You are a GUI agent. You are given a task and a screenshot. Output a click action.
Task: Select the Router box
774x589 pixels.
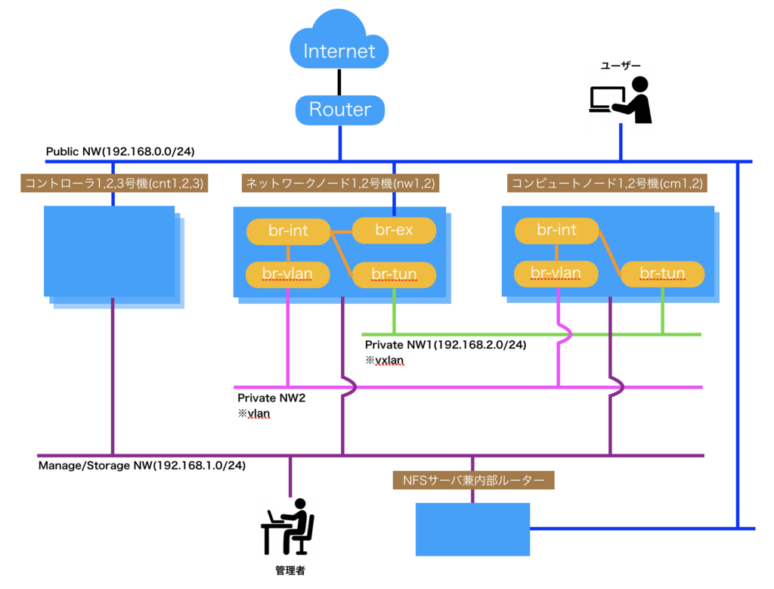coord(339,110)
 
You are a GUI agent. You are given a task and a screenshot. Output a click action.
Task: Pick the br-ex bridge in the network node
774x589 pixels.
coord(394,230)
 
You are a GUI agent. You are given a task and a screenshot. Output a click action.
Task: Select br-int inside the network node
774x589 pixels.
coord(288,230)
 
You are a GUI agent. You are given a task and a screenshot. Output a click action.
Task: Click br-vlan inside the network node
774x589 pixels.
coord(288,274)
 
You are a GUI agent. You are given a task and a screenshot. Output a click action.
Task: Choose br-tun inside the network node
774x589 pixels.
coord(394,274)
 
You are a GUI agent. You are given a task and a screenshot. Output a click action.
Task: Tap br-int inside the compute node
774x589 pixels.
coord(556,230)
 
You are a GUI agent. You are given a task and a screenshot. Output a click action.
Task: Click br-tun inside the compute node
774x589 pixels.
coord(662,274)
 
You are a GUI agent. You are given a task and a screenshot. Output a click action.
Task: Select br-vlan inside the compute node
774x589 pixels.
coord(556,274)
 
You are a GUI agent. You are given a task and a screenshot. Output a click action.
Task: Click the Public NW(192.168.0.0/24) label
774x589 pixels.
coord(120,151)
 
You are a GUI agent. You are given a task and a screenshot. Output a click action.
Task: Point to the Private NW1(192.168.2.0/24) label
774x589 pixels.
coord(445,345)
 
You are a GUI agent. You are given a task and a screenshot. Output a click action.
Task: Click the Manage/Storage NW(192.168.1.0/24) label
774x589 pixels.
coord(141,465)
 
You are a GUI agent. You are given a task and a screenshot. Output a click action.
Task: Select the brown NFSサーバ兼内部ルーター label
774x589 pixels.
coord(473,479)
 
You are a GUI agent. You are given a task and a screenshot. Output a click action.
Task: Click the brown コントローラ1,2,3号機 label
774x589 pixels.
coord(115,182)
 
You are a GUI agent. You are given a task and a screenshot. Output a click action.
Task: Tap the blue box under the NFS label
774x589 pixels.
coord(473,529)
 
